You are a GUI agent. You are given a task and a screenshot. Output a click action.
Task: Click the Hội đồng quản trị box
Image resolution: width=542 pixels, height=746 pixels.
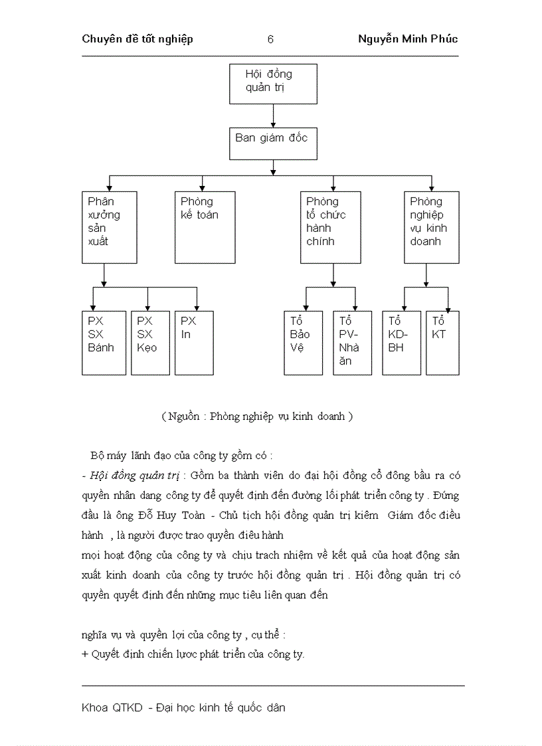[273, 84]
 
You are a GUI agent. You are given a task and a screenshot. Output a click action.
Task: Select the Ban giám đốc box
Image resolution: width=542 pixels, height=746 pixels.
[273, 143]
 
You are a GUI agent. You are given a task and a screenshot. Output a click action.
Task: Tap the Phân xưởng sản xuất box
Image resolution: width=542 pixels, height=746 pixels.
[110, 227]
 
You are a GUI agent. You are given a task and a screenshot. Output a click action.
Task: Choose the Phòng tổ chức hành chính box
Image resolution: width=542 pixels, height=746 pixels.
[331, 227]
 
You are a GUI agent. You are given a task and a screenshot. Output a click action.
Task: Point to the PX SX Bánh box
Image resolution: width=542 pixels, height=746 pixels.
[104, 343]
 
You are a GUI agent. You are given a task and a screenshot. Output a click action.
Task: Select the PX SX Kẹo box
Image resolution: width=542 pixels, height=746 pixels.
[148, 343]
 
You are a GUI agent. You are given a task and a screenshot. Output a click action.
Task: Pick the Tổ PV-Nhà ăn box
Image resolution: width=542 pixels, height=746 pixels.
[352, 343]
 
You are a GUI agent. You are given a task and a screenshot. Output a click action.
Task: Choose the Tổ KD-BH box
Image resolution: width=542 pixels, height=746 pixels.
[402, 343]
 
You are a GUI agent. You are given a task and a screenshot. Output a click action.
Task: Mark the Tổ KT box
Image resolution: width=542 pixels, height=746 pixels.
[442, 343]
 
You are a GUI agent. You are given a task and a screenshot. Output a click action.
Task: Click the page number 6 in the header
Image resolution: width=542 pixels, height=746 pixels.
[270, 39]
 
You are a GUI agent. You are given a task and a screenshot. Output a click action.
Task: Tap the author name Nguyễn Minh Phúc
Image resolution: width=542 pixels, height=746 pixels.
[408, 39]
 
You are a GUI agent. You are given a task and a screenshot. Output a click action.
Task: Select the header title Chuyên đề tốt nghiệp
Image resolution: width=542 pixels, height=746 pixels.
[137, 39]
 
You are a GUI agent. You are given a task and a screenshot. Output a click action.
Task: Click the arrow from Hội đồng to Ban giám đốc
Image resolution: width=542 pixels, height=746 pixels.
[273, 115]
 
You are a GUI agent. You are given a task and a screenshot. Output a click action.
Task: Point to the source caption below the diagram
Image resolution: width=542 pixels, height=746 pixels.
[256, 417]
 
